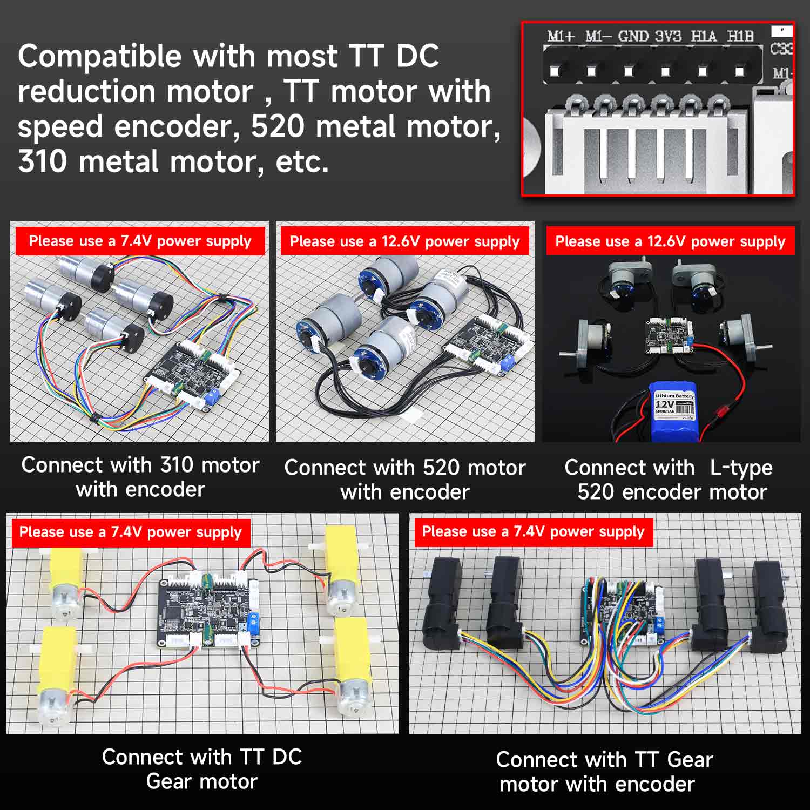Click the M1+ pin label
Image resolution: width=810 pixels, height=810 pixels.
point(561,37)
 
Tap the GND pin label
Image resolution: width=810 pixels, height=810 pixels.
point(633,37)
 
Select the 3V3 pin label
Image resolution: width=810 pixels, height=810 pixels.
point(668,37)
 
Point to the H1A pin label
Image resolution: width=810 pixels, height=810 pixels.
point(704,37)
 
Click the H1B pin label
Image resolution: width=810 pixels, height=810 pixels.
point(740,37)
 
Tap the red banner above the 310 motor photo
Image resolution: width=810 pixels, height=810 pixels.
point(140,241)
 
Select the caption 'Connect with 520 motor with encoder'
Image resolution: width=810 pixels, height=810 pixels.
point(405,480)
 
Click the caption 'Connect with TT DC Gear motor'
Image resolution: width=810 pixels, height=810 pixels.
point(202,769)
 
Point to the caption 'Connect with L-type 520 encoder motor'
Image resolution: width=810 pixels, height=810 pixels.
point(670,480)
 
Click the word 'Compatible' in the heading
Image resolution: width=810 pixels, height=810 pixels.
point(99,56)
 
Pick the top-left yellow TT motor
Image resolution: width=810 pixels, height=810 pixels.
point(65,583)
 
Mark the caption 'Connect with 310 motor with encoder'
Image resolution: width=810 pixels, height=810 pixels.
point(140,477)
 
